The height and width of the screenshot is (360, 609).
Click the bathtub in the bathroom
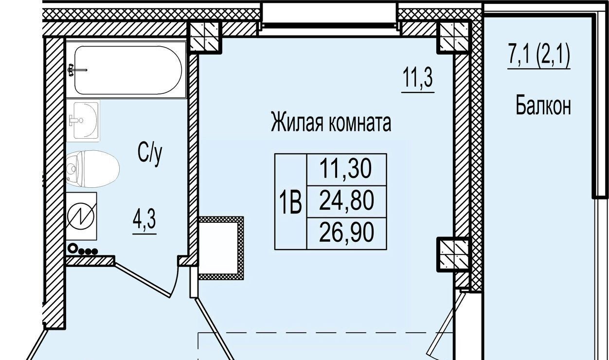tap(126, 70)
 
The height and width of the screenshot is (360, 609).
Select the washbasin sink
tap(83, 121)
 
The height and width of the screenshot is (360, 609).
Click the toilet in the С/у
tap(92, 169)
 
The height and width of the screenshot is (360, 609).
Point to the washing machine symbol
tap(81, 216)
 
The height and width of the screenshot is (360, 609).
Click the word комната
tap(360, 123)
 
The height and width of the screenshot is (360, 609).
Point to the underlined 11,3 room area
tap(418, 78)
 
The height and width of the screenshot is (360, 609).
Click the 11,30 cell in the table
tap(347, 170)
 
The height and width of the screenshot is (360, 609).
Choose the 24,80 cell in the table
tap(347, 202)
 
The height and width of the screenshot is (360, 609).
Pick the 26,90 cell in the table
tap(347, 234)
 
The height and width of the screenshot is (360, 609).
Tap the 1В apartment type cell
tap(290, 202)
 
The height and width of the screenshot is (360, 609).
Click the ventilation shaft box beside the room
tap(220, 248)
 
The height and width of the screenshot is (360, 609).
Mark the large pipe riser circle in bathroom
tap(73, 249)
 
